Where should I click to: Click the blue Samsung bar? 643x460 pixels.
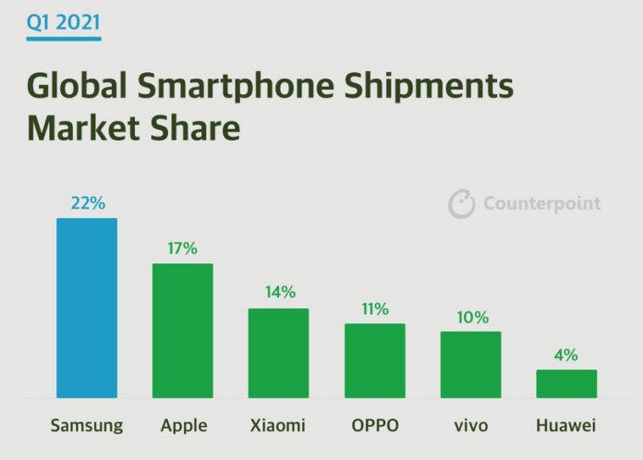coord(87,308)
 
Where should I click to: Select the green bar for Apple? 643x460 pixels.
coord(182,331)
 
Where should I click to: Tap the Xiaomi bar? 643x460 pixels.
coord(278,353)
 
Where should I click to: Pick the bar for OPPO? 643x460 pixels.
coord(374,360)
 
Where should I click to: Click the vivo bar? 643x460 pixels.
coord(470,365)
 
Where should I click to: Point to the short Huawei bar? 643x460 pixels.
coord(566,383)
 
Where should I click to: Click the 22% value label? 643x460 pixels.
coord(87,202)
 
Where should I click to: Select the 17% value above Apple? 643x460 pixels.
coord(182,248)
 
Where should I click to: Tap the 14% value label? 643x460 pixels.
coord(278,292)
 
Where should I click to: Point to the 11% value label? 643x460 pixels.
coord(374,309)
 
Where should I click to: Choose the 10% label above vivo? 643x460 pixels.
coord(470,317)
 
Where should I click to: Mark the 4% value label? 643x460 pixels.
coord(566,355)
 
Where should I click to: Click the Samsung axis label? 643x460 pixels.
coord(87,426)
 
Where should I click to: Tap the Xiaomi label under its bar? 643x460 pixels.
coord(278,426)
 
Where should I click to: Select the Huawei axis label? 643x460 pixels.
coord(566,426)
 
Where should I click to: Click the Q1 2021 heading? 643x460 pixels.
coord(64,22)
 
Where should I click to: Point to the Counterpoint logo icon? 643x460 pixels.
coord(462,203)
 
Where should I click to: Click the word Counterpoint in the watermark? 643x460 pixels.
coord(541,203)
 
